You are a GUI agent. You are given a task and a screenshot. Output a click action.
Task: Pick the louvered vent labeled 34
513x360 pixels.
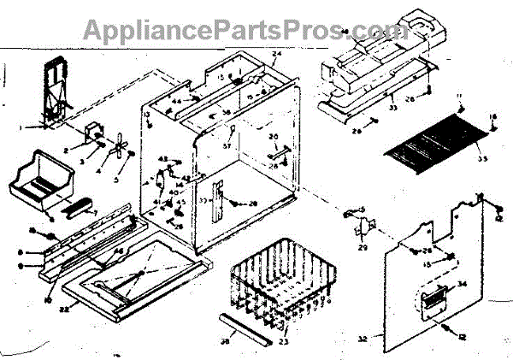pyautogui.click(x=433, y=299)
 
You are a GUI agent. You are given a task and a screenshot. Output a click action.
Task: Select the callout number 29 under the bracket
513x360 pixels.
pyautogui.click(x=363, y=248)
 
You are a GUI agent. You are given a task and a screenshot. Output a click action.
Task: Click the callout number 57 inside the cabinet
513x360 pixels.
pyautogui.click(x=229, y=146)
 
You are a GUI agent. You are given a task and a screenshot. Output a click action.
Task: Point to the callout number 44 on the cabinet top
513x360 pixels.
pyautogui.click(x=177, y=101)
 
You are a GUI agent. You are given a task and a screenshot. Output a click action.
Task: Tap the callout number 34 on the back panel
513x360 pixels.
pyautogui.click(x=465, y=284)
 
